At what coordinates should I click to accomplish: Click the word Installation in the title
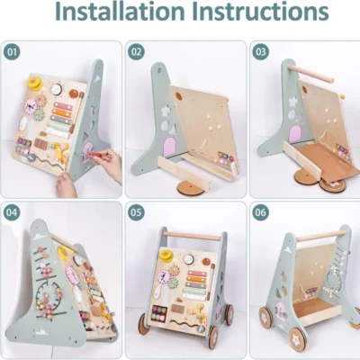tap(120, 12)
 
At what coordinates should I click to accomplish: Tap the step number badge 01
tap(12, 52)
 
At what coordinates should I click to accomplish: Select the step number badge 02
tap(136, 52)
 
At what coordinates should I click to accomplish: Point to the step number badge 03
tap(260, 52)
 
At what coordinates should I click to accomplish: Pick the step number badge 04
tap(12, 212)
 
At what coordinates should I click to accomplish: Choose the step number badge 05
tap(136, 212)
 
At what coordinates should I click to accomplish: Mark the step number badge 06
tap(260, 212)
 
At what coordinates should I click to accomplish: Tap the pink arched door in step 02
tap(170, 148)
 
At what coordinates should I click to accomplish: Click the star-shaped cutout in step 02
tap(165, 111)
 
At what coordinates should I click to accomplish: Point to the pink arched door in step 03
tap(295, 134)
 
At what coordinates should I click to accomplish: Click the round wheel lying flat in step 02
tap(192, 188)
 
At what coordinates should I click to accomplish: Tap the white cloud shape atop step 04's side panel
tap(40, 237)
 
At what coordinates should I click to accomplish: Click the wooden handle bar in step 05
tap(193, 237)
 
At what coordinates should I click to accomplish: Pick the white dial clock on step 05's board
tap(189, 259)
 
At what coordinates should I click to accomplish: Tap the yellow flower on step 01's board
tap(35, 82)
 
